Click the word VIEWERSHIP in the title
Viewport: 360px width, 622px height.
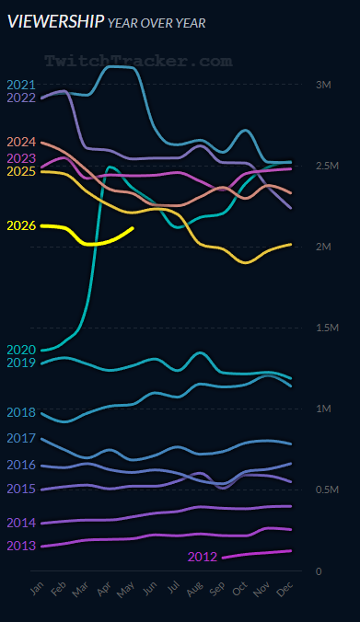56,22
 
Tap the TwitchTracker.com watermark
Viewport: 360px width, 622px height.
138,61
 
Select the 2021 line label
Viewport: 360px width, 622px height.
21,85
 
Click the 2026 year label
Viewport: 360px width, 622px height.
21,225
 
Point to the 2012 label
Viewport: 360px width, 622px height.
203,557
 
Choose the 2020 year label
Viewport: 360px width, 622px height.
21,350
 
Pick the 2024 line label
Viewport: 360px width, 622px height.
21,142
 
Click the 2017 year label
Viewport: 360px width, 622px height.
21,438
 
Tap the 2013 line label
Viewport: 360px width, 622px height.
21,546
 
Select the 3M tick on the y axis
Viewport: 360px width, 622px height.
323,85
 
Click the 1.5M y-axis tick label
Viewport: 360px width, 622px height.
327,328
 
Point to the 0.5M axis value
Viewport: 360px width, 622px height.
327,490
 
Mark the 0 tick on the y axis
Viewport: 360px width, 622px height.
319,571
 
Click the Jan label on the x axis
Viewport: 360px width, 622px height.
37,588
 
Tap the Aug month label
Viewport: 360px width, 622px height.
194,589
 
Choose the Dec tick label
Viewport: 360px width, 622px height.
285,589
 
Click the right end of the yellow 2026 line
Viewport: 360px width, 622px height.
133,228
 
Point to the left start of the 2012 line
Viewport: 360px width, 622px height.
223,558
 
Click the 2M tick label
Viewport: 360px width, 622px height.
323,247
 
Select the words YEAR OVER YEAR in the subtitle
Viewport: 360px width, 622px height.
157,23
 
